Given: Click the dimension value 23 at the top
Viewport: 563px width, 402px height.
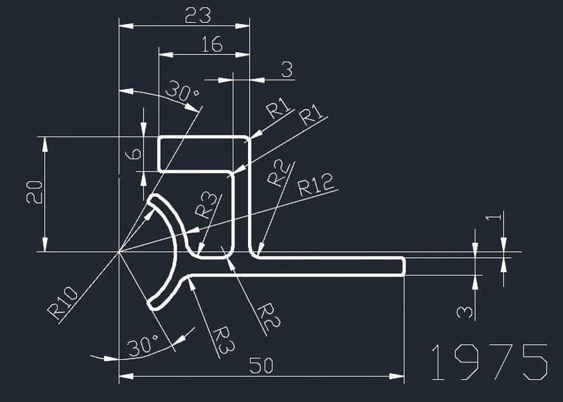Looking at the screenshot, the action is (198, 15).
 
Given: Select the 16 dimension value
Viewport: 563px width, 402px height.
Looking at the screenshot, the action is (212, 44).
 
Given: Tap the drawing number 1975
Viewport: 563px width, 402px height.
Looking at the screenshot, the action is (489, 362).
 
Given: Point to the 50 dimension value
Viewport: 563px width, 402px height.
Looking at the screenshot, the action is (261, 365).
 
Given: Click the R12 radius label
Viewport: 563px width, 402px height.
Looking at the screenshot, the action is (316, 184).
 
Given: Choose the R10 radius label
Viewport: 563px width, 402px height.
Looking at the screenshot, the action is (62, 303).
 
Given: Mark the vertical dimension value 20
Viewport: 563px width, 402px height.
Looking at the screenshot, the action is (34, 192).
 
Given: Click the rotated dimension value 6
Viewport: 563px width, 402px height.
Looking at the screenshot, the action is (133, 154).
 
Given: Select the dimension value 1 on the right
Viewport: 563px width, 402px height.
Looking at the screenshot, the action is (493, 218).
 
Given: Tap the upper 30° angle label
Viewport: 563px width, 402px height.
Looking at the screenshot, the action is (182, 91).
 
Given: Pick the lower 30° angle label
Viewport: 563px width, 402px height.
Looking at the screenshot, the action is (143, 346).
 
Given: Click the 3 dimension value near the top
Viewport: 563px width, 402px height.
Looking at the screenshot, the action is (287, 69).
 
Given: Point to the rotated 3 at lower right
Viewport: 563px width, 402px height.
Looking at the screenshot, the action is (464, 312).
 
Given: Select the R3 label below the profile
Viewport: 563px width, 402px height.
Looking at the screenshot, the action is (224, 340).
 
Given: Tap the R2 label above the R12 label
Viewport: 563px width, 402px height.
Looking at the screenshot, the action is (279, 173).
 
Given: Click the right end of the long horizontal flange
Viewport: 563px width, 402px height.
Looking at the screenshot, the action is (405, 267).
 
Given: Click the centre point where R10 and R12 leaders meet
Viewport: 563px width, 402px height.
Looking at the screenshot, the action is (119, 252).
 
